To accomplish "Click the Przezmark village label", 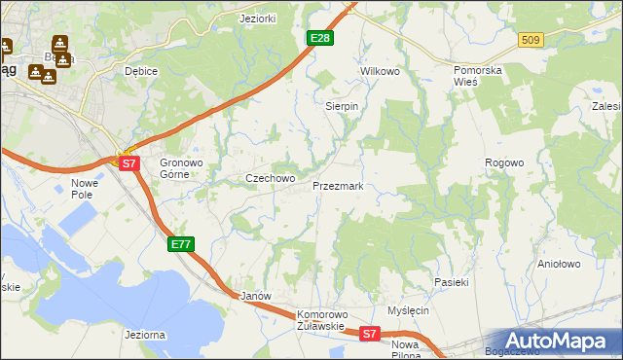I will (338, 185).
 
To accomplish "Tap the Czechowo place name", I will (270, 178).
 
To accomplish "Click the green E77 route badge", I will (181, 243).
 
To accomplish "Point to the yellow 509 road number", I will (531, 40).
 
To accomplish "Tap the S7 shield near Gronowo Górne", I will (130, 163).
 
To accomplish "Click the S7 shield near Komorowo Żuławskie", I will (368, 334).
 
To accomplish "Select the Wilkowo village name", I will (381, 72).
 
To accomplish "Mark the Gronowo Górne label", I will (179, 168).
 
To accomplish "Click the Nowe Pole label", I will (86, 189).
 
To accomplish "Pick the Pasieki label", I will (452, 282).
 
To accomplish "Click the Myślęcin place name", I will (408, 310).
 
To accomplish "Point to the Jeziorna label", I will (146, 335).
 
